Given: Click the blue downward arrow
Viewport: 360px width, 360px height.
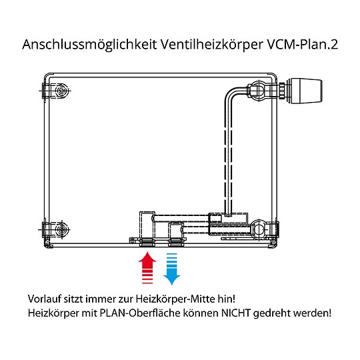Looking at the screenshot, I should (173, 267).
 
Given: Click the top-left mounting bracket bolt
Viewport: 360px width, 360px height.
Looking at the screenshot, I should (61, 90).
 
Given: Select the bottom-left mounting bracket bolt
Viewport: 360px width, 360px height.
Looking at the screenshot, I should (61, 229).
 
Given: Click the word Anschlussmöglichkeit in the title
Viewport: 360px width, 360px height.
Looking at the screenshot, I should (87, 45).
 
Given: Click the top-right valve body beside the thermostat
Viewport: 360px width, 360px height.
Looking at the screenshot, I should (262, 89).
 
